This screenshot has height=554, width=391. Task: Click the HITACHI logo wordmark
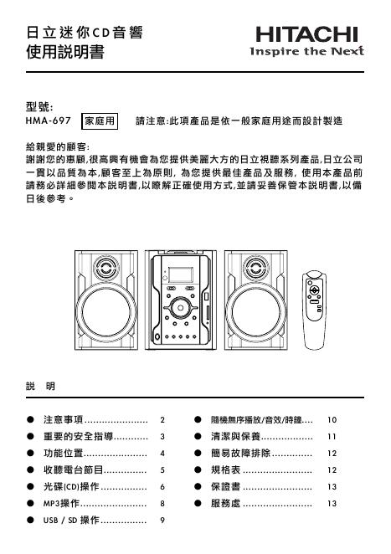309,34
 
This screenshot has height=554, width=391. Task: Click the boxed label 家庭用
103,121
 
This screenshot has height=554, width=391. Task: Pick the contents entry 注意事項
64,418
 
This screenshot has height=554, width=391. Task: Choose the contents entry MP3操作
61,504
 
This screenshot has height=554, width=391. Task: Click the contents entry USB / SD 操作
71,521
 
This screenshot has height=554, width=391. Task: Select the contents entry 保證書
225,486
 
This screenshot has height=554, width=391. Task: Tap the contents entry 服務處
225,504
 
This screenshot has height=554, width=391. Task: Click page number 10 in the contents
332,418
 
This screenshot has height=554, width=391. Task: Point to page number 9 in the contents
162,521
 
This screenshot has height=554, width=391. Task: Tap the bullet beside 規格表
198,469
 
